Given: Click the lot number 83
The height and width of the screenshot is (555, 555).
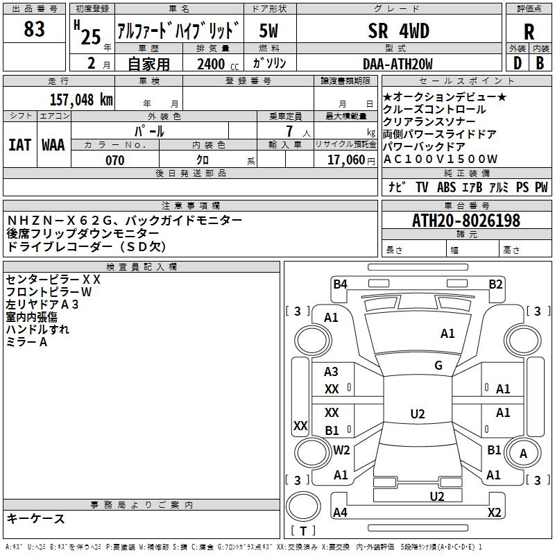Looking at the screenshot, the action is tap(34, 29).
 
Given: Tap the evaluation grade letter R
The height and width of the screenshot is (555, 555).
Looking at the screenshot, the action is tap(529, 31).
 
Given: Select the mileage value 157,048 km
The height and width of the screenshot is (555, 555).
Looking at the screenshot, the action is tap(80, 99).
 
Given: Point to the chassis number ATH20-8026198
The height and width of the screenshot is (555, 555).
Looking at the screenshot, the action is tap(466, 221).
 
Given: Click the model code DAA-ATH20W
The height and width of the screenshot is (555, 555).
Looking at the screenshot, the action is tap(398, 64).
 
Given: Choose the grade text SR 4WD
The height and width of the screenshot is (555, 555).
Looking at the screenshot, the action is tap(398, 31).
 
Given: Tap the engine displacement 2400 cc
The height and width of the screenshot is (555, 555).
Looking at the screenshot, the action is tap(210, 64).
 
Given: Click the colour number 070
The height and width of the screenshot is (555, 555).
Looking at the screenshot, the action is tap(114, 160).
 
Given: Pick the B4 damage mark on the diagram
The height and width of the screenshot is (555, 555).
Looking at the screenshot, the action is tap(340, 284).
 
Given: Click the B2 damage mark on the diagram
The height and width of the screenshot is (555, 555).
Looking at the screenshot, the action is tap(495, 284).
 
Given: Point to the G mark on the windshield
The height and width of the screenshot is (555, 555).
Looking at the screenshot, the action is tap(438, 366).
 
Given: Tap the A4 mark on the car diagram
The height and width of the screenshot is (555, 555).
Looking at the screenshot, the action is tap(340, 513).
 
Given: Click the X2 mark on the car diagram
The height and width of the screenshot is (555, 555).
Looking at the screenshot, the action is tap(495, 513).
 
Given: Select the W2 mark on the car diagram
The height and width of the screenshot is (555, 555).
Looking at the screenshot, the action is tap(341, 450).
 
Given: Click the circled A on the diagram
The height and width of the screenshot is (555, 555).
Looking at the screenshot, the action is tap(524, 454).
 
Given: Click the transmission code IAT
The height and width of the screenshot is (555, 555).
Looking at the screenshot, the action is tap(19, 144).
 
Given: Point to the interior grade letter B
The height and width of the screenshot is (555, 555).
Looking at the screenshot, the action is tap(540, 63).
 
